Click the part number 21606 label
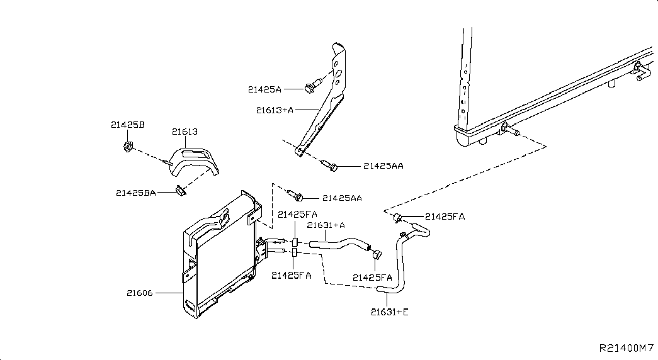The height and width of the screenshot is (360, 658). click(140, 293)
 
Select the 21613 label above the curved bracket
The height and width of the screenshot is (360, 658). click(184, 132)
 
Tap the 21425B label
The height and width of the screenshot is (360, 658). click(128, 125)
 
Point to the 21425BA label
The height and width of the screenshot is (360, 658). click(136, 193)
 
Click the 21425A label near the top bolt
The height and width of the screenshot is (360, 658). click(264, 89)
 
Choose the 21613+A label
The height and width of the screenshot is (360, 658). click(275, 110)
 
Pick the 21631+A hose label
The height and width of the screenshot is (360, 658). click(326, 225)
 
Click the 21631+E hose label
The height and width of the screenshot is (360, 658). click(390, 312)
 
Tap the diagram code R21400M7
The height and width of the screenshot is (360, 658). click(627, 348)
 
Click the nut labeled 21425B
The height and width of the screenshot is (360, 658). click(128, 147)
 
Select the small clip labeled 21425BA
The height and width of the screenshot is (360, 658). click(181, 191)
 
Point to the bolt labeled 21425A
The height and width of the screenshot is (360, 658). click(314, 84)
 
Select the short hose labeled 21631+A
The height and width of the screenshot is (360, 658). click(340, 244)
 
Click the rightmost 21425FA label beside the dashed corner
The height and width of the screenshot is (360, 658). click(445, 217)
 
